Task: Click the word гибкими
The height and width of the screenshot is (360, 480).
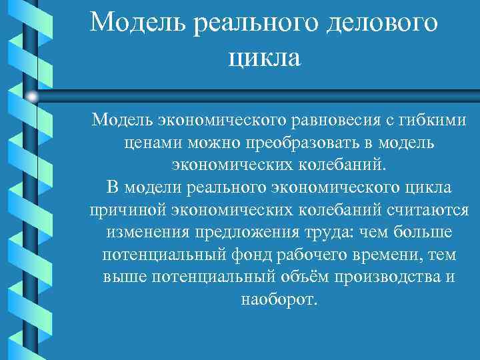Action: [431, 121]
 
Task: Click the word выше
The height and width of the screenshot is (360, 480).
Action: [123, 278]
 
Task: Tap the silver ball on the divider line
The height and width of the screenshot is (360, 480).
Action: [32, 97]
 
